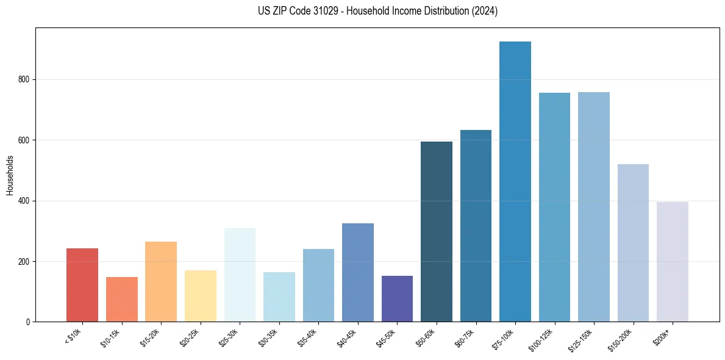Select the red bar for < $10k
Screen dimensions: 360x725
(x=82, y=285)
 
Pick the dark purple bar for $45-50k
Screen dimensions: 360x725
(x=397, y=299)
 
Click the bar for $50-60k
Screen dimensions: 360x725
(x=436, y=232)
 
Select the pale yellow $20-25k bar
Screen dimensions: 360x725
(x=200, y=296)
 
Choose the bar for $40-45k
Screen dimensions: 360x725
(x=357, y=273)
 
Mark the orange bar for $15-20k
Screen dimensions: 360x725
(x=161, y=282)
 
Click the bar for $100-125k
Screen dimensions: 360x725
(x=554, y=207)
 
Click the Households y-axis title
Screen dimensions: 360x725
(x=10, y=175)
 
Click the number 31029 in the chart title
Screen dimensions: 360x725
(x=326, y=11)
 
